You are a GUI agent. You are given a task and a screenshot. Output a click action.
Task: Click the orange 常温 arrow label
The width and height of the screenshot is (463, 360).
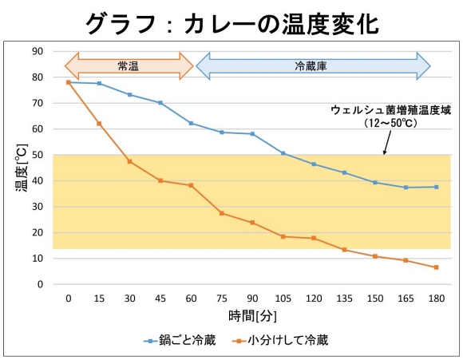[129, 66]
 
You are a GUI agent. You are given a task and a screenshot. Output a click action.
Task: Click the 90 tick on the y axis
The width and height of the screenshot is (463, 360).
[38, 51]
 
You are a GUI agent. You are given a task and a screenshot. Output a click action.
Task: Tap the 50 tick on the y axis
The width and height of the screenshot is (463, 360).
[38, 155]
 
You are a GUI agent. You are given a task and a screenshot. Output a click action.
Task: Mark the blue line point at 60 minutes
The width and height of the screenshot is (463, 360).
[191, 123]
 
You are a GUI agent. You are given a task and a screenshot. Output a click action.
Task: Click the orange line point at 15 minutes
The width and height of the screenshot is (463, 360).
[99, 124]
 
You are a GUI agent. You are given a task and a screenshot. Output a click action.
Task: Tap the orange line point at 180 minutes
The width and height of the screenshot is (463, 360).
[436, 267]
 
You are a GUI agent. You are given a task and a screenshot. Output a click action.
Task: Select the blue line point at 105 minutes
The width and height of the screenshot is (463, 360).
[283, 153]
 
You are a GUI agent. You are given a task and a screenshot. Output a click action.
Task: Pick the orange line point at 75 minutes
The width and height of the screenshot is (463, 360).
[222, 213]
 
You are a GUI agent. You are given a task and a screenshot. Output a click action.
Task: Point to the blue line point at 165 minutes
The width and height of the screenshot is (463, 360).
[406, 188]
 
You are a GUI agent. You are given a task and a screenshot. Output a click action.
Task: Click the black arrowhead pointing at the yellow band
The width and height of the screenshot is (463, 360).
[385, 152]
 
